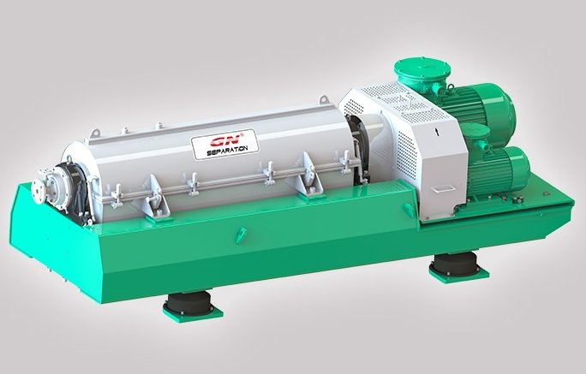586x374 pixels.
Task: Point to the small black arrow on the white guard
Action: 437,132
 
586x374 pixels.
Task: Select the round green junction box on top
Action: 422,72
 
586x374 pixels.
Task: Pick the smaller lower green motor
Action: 497,169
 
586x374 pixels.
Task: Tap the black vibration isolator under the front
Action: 188,304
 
